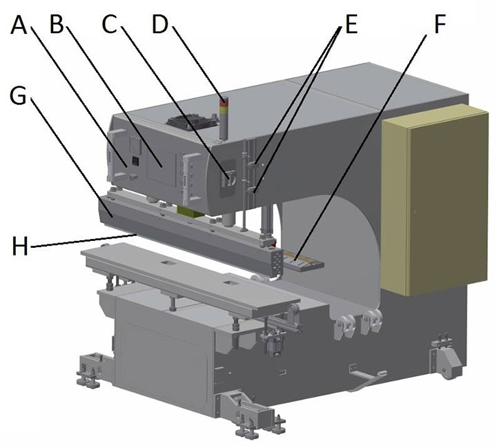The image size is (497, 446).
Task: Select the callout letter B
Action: [x=57, y=26]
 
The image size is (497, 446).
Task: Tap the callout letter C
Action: [x=110, y=26]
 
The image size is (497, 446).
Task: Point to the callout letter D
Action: [x=160, y=26]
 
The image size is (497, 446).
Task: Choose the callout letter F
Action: [x=439, y=26]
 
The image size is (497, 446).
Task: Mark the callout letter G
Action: [x=19, y=96]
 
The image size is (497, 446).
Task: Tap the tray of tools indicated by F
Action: [x=299, y=261]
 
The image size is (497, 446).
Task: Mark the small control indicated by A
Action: [x=135, y=162]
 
